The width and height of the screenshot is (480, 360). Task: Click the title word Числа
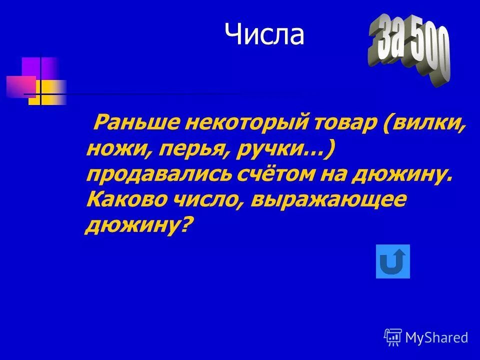[264, 34]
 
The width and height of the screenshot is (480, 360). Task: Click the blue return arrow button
[392, 261]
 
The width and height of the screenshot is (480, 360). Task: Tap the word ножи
[113, 149]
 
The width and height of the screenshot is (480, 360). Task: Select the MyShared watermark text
[436, 338]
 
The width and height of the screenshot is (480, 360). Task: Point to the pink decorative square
[20, 86]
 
